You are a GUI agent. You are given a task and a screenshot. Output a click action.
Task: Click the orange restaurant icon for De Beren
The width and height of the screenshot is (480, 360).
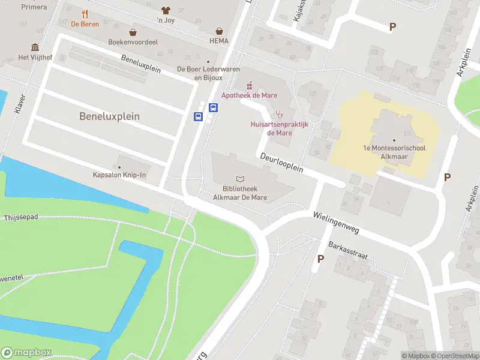[x=85, y=14]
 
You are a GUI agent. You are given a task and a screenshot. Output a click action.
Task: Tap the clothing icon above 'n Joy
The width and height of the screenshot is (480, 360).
[x=166, y=10]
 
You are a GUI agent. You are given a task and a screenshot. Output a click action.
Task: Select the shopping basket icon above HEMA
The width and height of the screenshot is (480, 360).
[x=220, y=31]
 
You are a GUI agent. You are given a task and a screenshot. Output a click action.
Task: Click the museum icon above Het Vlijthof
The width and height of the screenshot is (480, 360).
[x=35, y=47]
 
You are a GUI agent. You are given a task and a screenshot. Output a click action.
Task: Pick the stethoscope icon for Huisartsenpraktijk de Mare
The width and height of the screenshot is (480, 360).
[x=278, y=114]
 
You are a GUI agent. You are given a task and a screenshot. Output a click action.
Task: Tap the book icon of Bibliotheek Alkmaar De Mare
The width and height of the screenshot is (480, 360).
[x=241, y=179]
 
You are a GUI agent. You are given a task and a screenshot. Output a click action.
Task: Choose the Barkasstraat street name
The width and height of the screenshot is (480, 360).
[x=347, y=250]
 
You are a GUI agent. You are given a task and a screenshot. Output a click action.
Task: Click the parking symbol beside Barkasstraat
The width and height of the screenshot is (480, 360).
[x=320, y=259]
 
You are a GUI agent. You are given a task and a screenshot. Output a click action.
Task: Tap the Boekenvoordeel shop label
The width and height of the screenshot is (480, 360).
[x=132, y=41]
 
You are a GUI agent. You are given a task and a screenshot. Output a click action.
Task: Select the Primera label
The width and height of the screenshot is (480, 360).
[x=34, y=7]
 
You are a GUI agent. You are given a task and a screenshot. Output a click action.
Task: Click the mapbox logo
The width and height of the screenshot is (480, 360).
[x=26, y=352]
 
